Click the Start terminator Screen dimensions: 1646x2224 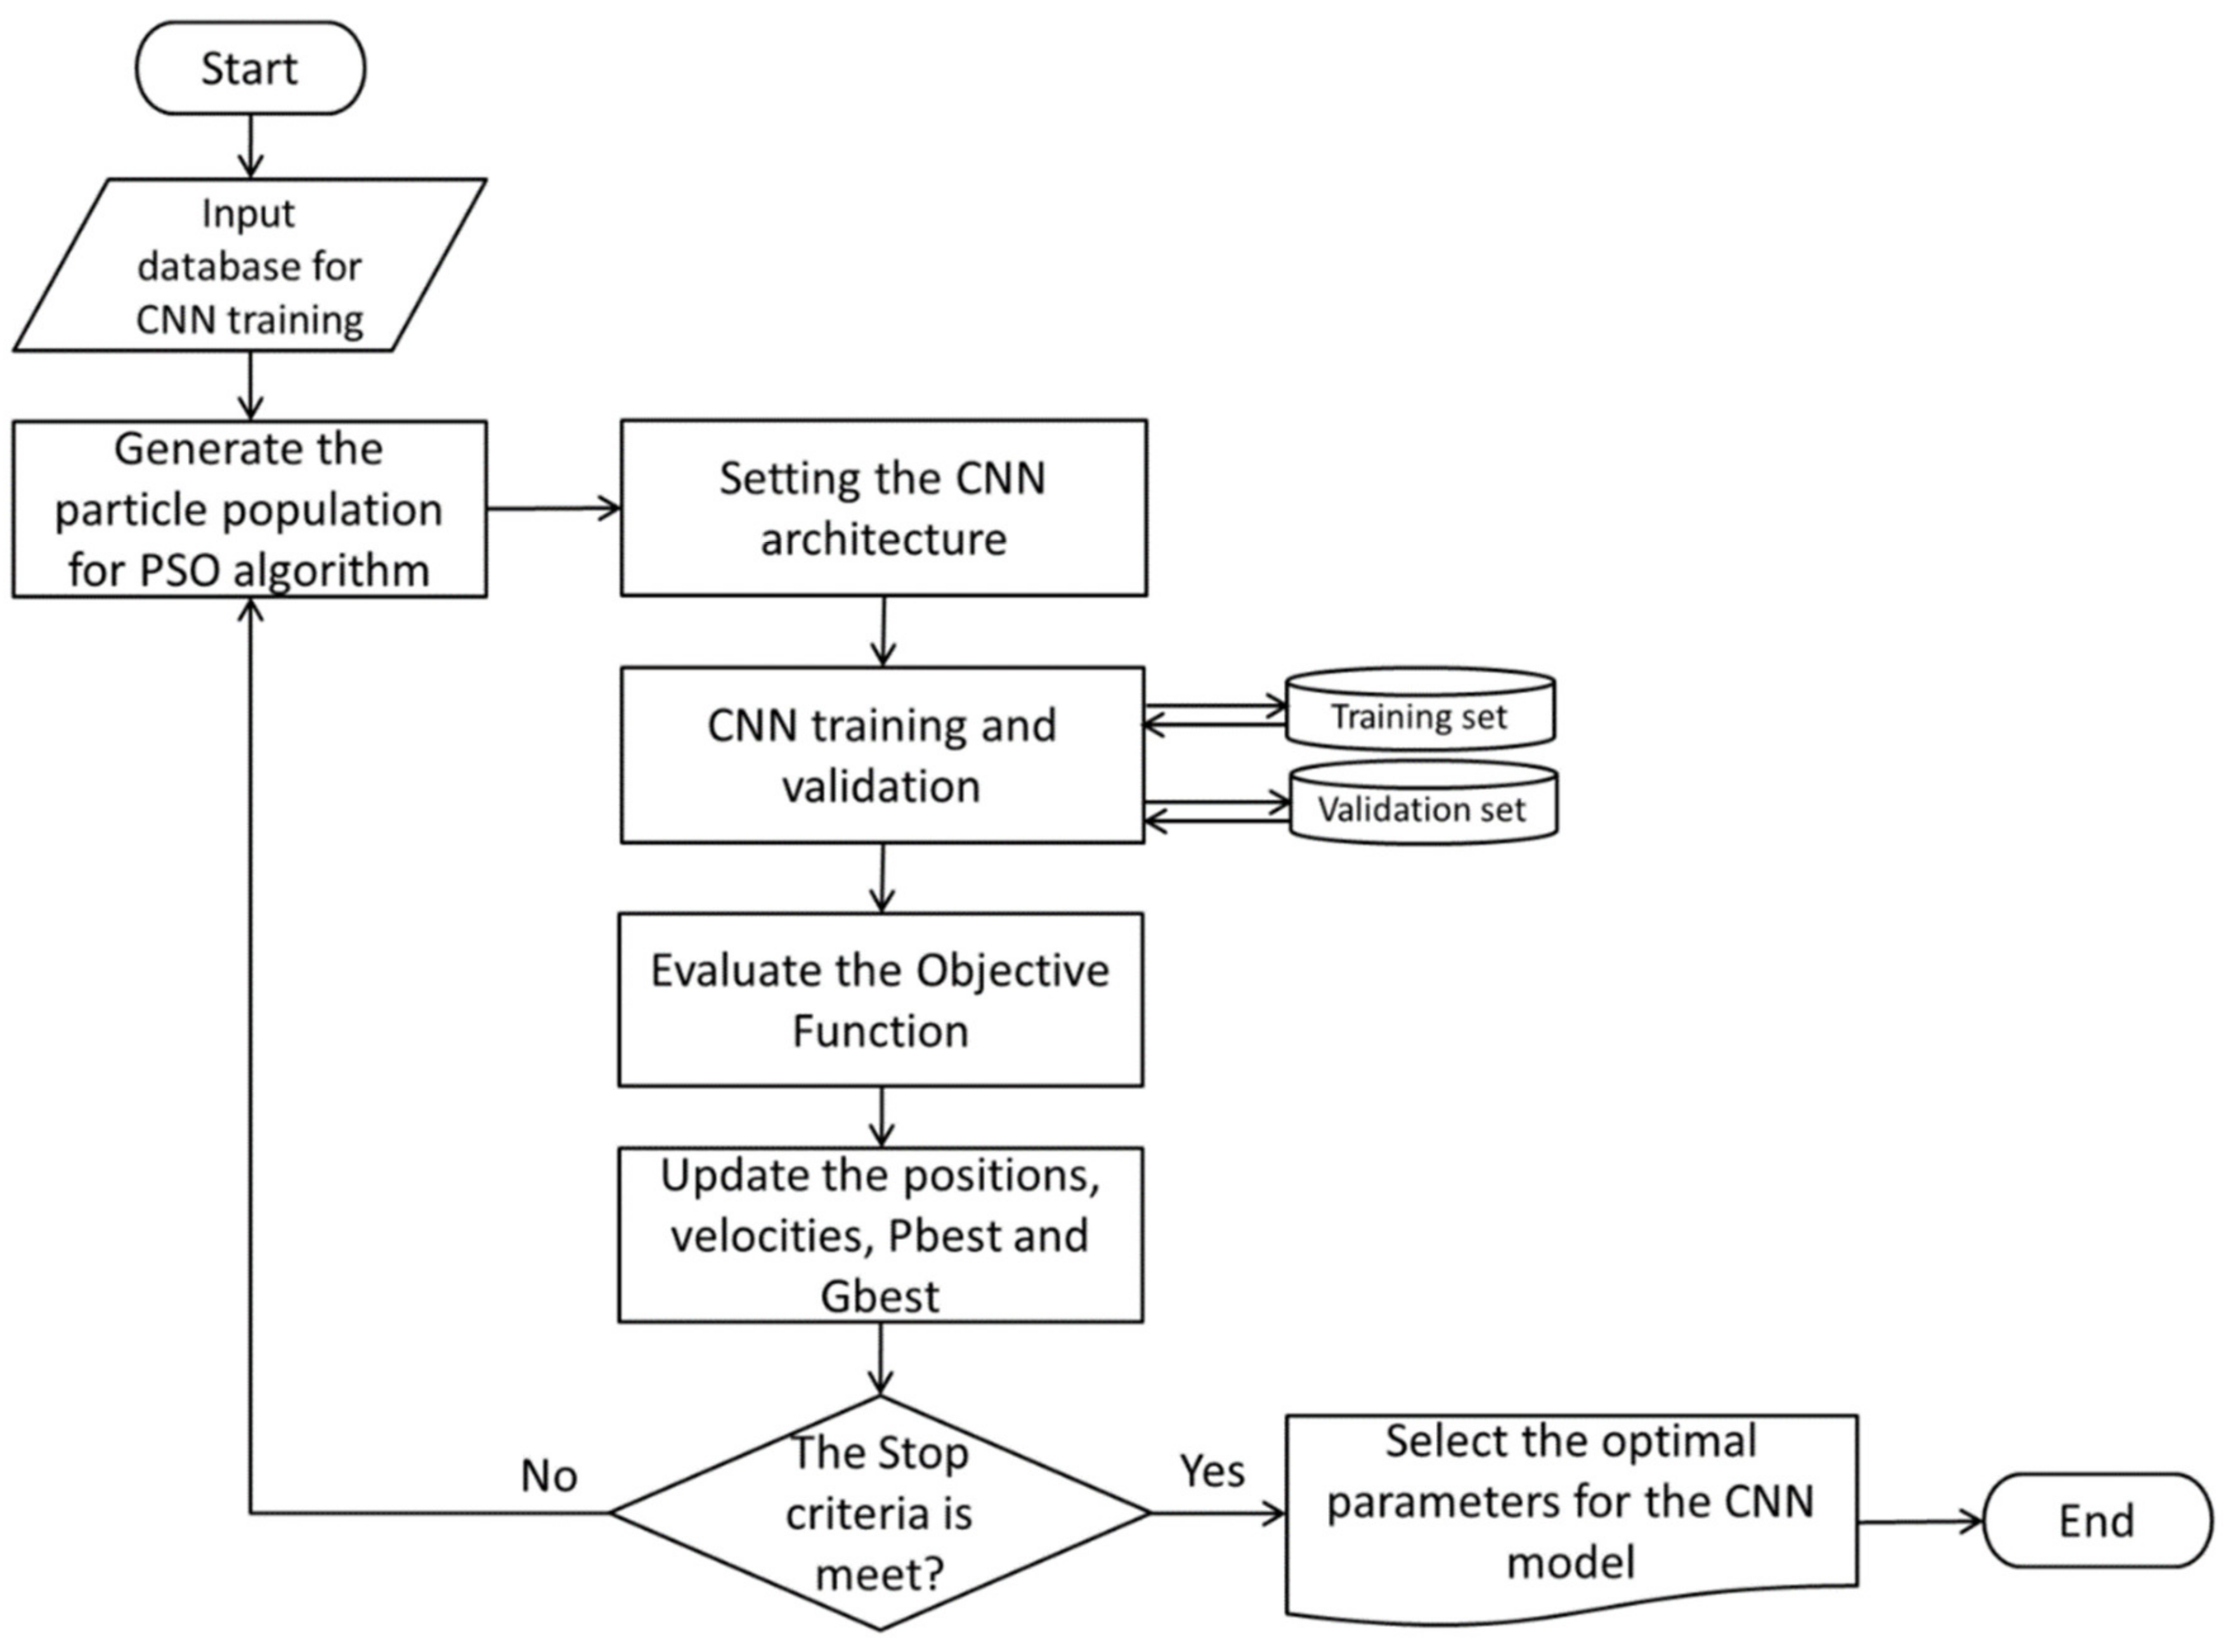(250, 68)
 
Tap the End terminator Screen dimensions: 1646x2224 (2097, 1520)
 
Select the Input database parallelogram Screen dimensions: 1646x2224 (249, 265)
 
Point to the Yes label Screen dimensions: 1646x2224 (1212, 1470)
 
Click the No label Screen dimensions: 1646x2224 (548, 1475)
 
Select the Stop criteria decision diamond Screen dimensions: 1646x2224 (880, 1512)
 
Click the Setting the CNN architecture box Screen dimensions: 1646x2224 (883, 508)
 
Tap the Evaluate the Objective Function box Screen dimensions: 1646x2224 (880, 999)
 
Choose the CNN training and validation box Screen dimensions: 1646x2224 (882, 755)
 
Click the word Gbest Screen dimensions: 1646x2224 (880, 1296)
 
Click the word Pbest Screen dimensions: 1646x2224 (928, 1236)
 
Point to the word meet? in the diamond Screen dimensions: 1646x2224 (879, 1575)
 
